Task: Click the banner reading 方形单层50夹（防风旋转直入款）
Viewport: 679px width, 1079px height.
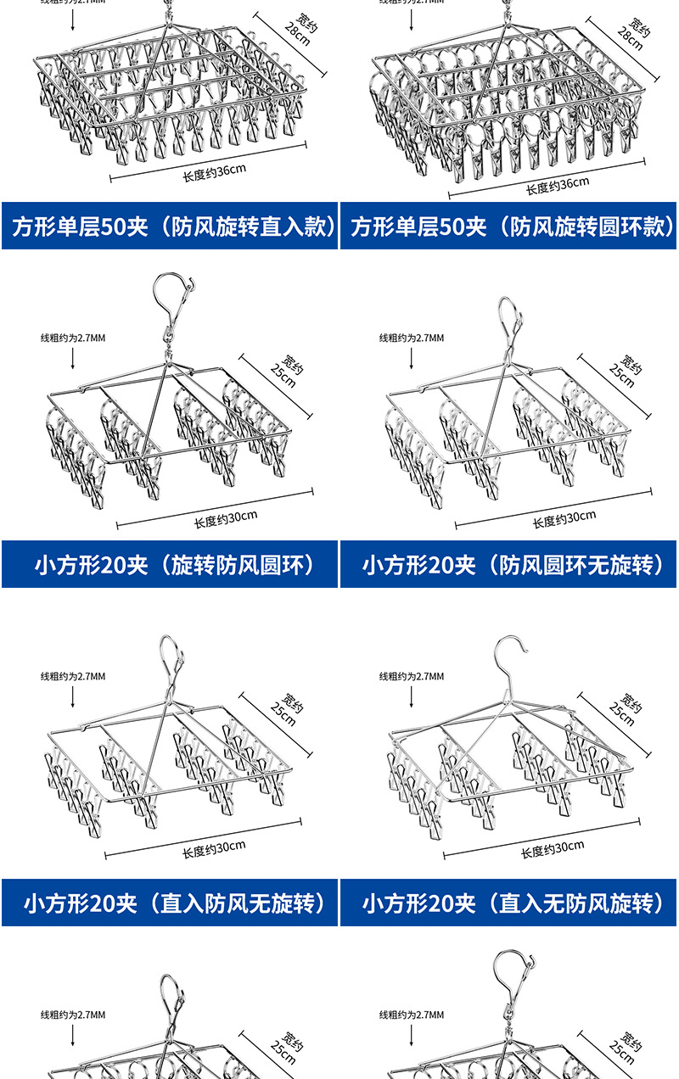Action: point(170,226)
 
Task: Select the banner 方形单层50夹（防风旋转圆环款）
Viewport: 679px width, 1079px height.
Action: point(508,226)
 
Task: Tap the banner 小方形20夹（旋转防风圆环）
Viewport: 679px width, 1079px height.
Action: point(170,564)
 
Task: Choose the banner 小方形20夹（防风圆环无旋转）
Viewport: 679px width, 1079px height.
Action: point(508,564)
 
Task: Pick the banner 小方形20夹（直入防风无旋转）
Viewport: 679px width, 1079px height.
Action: point(170,903)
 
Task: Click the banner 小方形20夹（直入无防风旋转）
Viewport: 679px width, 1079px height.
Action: point(508,903)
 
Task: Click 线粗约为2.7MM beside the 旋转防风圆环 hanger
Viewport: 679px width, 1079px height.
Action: point(73,338)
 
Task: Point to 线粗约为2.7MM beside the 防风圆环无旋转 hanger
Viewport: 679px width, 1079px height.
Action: point(411,338)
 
